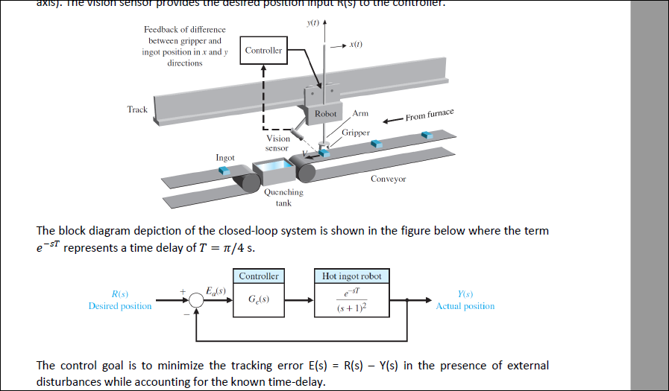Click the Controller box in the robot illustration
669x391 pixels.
click(264, 51)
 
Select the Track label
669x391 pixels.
click(137, 109)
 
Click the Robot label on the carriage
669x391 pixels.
click(325, 114)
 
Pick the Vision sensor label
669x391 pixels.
click(277, 143)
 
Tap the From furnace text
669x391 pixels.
click(430, 115)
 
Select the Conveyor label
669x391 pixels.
click(388, 179)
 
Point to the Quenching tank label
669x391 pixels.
click(283, 197)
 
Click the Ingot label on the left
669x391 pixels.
click(225, 158)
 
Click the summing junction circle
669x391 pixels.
click(195, 301)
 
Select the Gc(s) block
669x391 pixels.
click(258, 301)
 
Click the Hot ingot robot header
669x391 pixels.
click(351, 276)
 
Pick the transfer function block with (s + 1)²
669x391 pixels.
click(351, 302)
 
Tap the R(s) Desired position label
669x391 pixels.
click(119, 300)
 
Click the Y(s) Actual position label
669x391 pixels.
click(465, 300)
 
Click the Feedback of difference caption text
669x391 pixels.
click(184, 46)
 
